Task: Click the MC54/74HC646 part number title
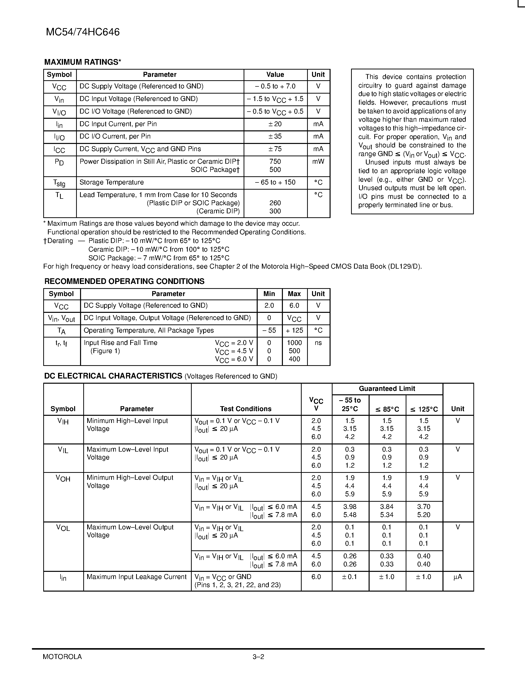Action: point(83,32)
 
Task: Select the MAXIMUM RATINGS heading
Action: point(83,62)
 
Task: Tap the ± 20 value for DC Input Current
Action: point(275,124)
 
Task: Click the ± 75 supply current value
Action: point(275,149)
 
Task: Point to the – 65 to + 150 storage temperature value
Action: point(275,182)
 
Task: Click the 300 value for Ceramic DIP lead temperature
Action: point(275,211)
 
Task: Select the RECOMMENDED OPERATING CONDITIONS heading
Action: point(125,281)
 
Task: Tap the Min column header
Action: point(269,294)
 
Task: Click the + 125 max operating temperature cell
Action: point(294,330)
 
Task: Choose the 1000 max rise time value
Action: point(294,343)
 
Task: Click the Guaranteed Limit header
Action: point(387,389)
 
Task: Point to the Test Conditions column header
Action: point(246,409)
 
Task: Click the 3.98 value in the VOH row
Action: point(350,507)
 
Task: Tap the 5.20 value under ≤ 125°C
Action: point(424,515)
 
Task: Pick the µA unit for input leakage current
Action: point(458,577)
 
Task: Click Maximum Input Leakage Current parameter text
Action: point(137,577)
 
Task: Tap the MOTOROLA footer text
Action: point(62,657)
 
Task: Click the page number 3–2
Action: point(258,657)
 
